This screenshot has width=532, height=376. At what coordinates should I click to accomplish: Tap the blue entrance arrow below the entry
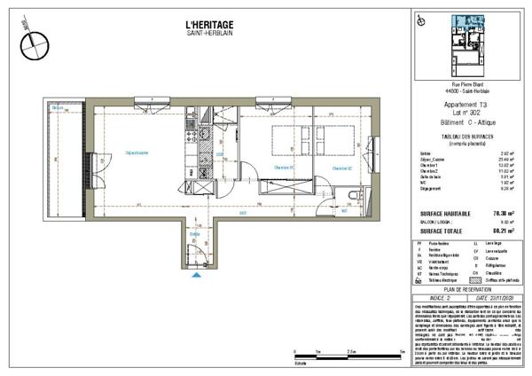[196, 275]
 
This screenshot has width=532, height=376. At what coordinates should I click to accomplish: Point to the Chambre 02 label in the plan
[342, 168]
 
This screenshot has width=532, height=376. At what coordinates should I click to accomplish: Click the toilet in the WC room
[354, 197]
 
